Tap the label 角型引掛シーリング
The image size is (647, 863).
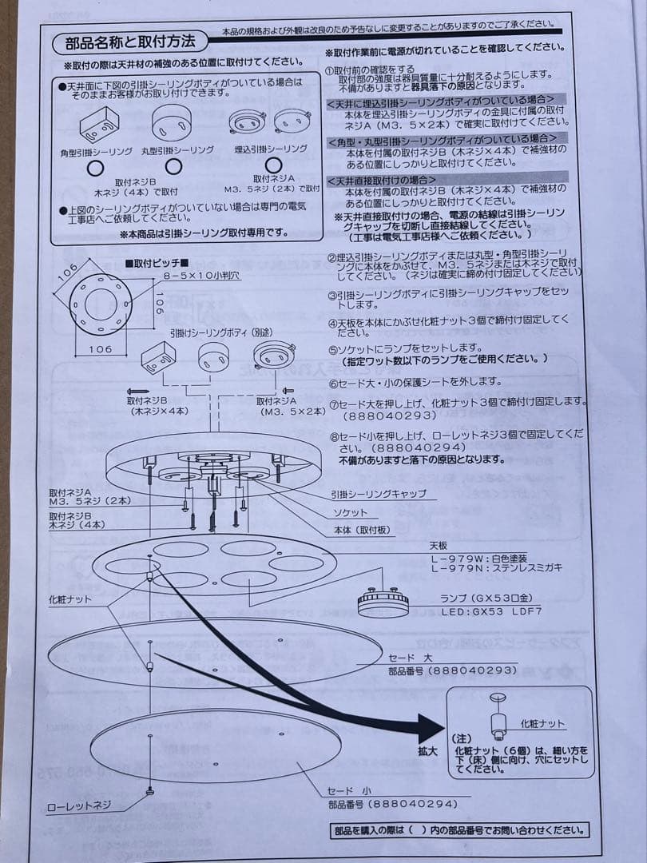96,151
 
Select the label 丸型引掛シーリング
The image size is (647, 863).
177,150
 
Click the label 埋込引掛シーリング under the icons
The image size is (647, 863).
271,149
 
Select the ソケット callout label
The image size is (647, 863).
351,512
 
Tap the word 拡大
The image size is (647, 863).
427,752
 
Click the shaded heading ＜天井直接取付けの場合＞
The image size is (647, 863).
382,180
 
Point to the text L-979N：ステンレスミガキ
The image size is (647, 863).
495,568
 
